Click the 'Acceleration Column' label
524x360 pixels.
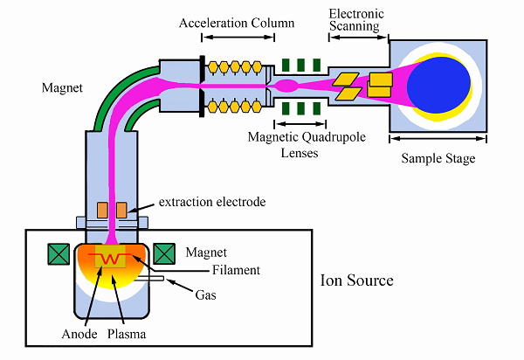click(237, 23)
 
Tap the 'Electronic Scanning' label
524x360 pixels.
click(356, 20)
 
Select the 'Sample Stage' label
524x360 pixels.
click(438, 158)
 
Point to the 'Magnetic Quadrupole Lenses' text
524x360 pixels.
click(307, 144)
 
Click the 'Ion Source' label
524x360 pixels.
click(356, 280)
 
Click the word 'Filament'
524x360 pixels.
click(236, 270)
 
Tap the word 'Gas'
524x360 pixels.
click(205, 294)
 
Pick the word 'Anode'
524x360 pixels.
click(79, 334)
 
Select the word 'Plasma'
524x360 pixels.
click(127, 334)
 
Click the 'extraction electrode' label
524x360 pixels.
click(212, 202)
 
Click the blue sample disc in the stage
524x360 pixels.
click(438, 85)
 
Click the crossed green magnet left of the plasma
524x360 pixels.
click(59, 254)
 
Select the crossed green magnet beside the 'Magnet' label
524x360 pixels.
click(164, 254)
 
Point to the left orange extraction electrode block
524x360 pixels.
click(102, 210)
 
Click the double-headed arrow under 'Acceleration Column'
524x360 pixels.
click(238, 37)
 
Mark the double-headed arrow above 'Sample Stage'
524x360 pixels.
click(438, 138)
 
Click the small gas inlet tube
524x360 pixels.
click(149, 279)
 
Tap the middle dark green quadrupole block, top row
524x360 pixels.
click(300, 66)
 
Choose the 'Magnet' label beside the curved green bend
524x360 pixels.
click(62, 87)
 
